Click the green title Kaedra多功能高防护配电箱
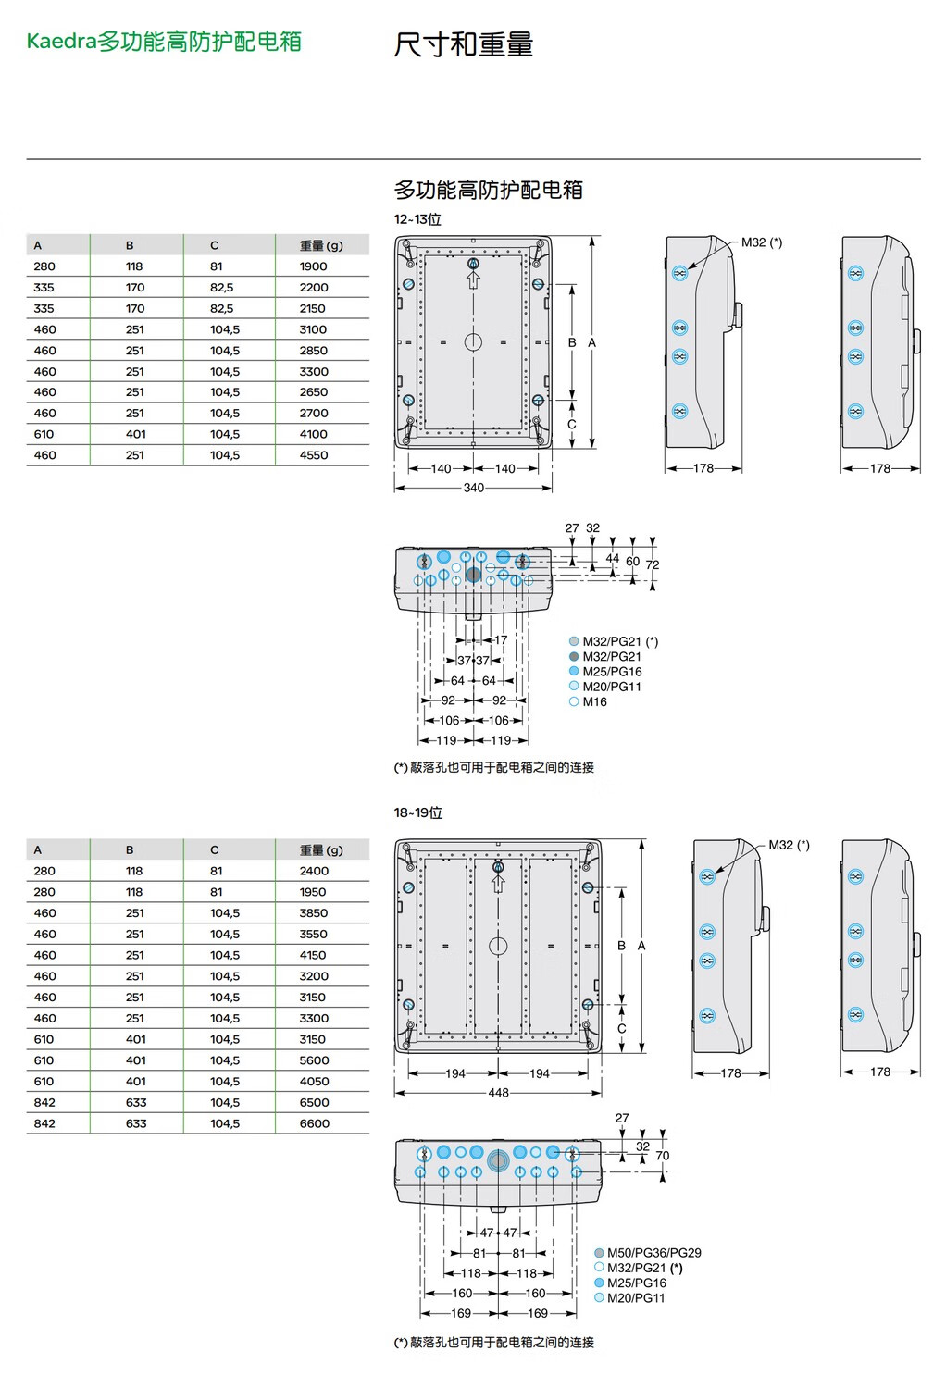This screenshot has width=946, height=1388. tap(164, 42)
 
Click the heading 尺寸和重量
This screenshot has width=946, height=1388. tap(463, 44)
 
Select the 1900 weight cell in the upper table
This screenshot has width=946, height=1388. tap(313, 266)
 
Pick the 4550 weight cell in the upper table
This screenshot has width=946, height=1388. tap(314, 455)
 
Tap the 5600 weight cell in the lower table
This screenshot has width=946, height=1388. tap(315, 1060)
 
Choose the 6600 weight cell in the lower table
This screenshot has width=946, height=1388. tap(315, 1123)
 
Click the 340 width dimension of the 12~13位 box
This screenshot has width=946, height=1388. tap(474, 488)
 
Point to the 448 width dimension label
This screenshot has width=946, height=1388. tap(498, 1093)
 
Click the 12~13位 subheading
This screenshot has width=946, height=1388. tap(417, 219)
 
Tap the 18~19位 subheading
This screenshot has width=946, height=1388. tap(417, 812)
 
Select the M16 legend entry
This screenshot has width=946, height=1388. tap(589, 701)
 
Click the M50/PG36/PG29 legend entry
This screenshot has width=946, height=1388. tap(648, 1252)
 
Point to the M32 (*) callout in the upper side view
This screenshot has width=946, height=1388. tap(762, 242)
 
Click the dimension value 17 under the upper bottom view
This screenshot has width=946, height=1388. tap(501, 639)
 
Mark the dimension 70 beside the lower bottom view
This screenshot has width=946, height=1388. tap(663, 1156)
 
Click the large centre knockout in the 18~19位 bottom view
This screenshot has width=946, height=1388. tap(498, 1160)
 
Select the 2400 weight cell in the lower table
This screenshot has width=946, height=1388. tap(314, 871)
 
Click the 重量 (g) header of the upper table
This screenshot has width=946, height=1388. tap(321, 245)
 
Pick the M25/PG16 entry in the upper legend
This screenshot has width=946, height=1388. tap(605, 672)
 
